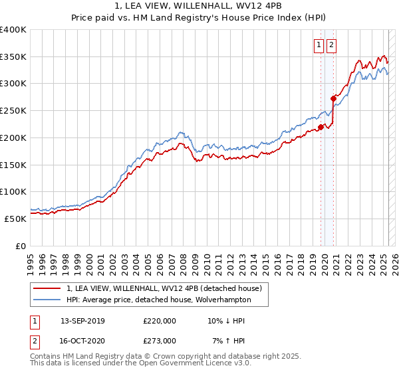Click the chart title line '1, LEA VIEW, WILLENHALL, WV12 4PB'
pyautogui.click(x=199, y=7)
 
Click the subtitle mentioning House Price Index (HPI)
pyautogui.click(x=199, y=19)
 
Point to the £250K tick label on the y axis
pyautogui.click(x=13, y=111)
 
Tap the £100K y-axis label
pyautogui.click(x=13, y=192)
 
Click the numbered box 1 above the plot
pyautogui.click(x=319, y=45)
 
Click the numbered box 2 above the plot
pyautogui.click(x=331, y=45)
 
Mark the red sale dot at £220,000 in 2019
pyautogui.click(x=321, y=127)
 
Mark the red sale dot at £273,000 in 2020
pyautogui.click(x=333, y=98)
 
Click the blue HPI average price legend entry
pyautogui.click(x=158, y=300)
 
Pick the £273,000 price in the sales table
pyautogui.click(x=160, y=341)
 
